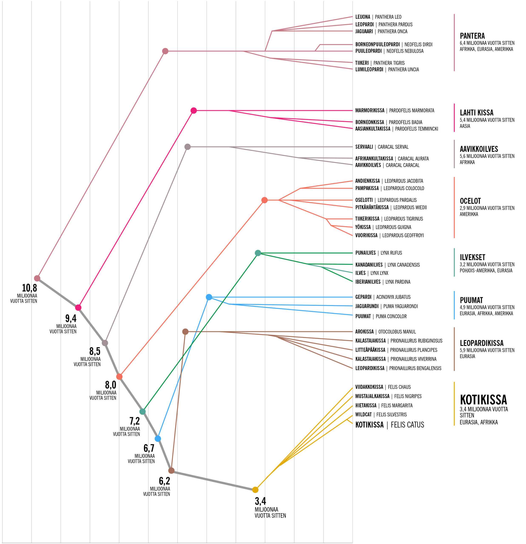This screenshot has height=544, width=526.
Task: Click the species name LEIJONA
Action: [x=363, y=17]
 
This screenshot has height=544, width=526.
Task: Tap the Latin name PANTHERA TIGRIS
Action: [x=389, y=63]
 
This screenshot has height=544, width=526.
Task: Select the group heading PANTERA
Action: [x=472, y=36]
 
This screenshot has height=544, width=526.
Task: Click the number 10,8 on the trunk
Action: [x=29, y=288]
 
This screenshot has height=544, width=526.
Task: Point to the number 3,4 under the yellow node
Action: [x=260, y=501]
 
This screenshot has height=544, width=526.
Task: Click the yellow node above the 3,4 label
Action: [x=255, y=490]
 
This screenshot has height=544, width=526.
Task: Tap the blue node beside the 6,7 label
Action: [x=158, y=439]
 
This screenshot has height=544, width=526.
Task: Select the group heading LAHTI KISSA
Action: [x=476, y=112]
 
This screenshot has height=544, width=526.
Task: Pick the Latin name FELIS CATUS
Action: [x=407, y=425]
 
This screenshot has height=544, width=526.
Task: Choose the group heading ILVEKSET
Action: [x=472, y=257]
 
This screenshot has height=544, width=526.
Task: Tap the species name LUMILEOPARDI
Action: [x=369, y=69]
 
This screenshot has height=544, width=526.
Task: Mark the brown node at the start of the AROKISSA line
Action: [x=185, y=331]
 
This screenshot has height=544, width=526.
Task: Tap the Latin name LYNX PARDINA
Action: [x=398, y=282]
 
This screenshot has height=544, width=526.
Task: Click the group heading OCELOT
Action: [x=470, y=201]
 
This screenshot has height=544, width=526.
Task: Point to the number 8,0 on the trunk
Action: [x=111, y=385]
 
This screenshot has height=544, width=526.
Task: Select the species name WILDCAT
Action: [x=363, y=414]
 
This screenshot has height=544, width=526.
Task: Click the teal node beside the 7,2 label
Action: [x=142, y=411]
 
